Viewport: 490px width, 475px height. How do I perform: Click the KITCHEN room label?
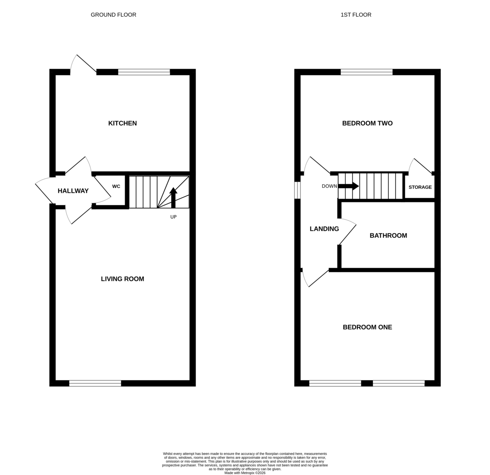(122, 123)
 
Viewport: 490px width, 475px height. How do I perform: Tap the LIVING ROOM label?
(122, 279)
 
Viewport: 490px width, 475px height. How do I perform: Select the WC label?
(116, 186)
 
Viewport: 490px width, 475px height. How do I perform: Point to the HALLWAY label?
(73, 191)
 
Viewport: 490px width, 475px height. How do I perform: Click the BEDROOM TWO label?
(367, 123)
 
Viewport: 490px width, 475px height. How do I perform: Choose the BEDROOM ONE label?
(367, 327)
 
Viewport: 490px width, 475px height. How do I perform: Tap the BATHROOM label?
(388, 235)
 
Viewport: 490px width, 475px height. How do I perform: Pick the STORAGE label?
(420, 187)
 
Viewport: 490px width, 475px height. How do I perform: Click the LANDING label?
(324, 229)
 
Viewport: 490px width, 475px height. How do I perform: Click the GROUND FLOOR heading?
(113, 15)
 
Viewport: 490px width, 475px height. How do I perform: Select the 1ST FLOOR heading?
(356, 15)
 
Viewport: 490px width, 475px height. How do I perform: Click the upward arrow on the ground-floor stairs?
(173, 198)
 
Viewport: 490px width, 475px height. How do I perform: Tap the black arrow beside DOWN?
(348, 186)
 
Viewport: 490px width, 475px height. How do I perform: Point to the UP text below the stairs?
(174, 217)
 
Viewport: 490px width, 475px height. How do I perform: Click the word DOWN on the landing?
(330, 186)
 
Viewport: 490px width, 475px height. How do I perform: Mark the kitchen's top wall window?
(144, 72)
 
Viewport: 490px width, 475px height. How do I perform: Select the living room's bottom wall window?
(95, 383)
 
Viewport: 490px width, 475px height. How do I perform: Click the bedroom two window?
(367, 72)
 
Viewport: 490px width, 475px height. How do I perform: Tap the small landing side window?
(297, 190)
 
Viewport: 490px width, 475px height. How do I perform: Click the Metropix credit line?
(245, 473)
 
